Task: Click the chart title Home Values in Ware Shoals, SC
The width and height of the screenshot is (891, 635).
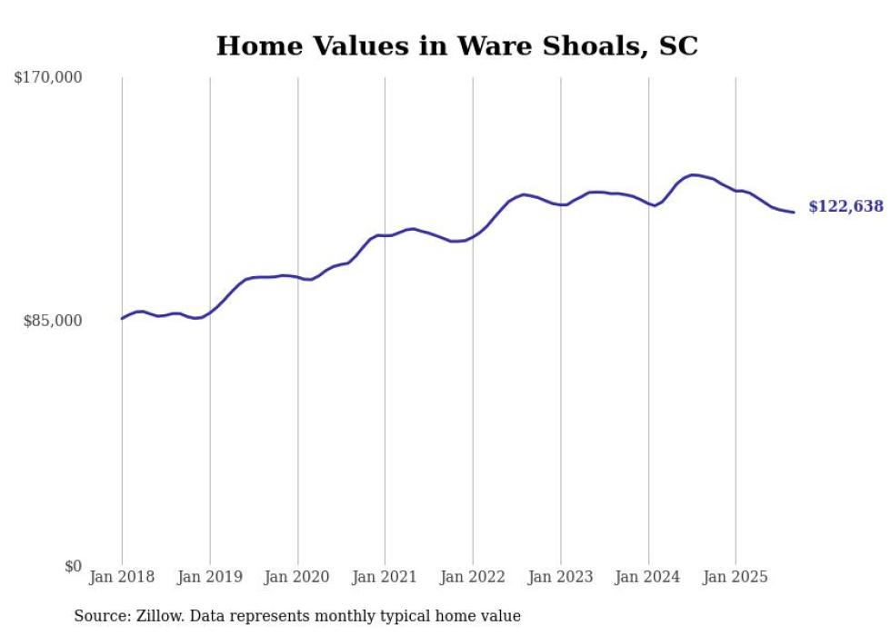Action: (x=456, y=45)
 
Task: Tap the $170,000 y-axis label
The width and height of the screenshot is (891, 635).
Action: (x=48, y=78)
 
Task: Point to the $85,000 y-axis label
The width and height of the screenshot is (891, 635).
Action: (x=53, y=321)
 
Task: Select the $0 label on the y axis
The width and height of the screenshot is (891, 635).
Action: (x=73, y=566)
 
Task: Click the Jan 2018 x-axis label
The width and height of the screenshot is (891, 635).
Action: (x=122, y=577)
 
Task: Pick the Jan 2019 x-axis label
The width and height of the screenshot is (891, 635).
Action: (x=210, y=577)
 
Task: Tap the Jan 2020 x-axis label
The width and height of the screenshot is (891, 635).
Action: (x=297, y=577)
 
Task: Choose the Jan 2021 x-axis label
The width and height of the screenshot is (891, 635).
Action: (x=385, y=577)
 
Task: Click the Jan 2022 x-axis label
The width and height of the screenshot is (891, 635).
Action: (x=473, y=577)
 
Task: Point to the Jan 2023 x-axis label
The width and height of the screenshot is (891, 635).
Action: (x=560, y=577)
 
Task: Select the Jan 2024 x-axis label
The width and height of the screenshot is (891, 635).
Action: (x=648, y=577)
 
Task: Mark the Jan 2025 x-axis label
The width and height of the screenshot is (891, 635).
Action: (x=736, y=577)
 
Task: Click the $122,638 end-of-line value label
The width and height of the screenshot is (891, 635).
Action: (x=846, y=206)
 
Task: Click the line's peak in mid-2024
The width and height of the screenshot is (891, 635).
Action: (x=694, y=174)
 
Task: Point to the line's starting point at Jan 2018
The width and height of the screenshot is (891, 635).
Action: (x=122, y=318)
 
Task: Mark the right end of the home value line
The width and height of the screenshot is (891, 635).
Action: (x=794, y=213)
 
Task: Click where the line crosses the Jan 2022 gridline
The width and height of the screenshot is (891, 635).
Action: (x=473, y=237)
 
